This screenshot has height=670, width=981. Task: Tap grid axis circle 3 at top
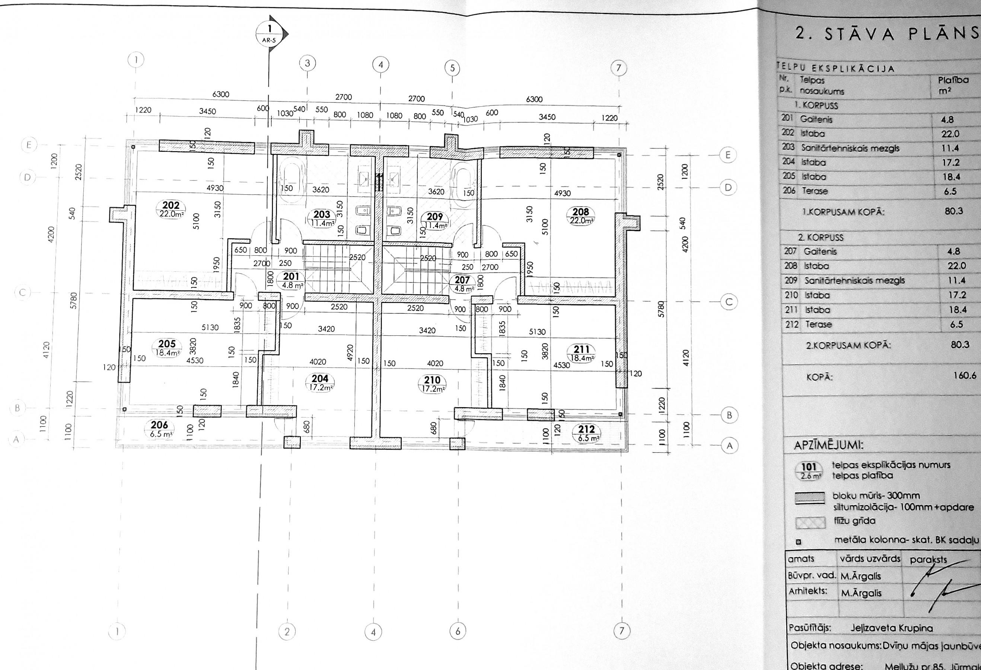pyautogui.click(x=307, y=64)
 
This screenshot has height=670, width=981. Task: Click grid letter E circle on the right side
pyautogui.click(x=727, y=155)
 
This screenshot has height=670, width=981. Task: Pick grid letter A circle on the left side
pyautogui.click(x=16, y=440)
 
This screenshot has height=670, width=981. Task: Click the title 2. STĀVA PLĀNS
pyautogui.click(x=886, y=33)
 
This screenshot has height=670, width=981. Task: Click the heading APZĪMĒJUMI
pyautogui.click(x=828, y=445)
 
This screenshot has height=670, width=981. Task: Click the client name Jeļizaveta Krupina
pyautogui.click(x=891, y=628)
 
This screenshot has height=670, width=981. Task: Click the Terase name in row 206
pyautogui.click(x=815, y=191)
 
